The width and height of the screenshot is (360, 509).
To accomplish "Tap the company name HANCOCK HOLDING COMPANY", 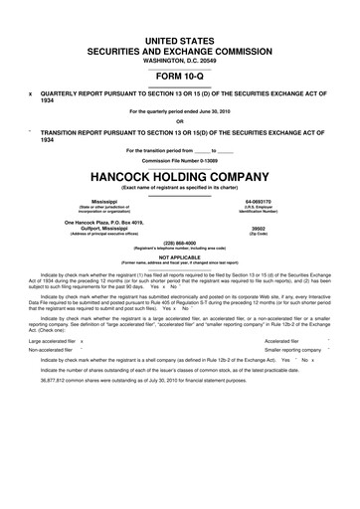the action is tap(180, 170).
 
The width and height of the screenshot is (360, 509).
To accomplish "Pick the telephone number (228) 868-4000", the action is tap(180, 242).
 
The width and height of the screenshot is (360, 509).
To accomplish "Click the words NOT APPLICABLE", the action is tap(180, 255).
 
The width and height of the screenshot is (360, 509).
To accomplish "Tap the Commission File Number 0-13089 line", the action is tap(180, 158).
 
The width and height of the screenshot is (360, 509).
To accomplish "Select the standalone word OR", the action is tap(180, 122).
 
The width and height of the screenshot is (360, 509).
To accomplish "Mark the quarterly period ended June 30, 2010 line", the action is tap(180, 111).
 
